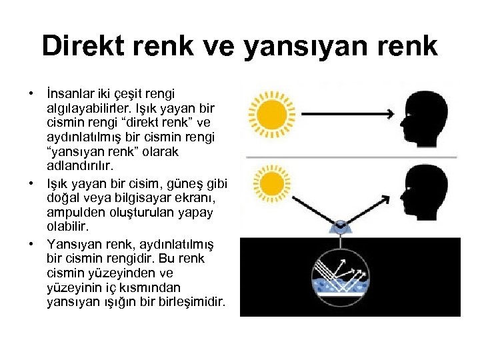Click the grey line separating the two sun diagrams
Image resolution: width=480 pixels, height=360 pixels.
coord(351,157)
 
